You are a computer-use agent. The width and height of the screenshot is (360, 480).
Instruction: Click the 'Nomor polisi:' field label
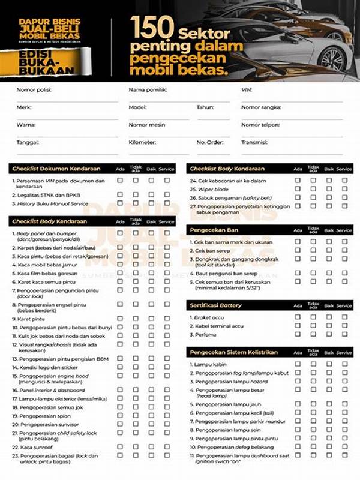(x=34, y=90)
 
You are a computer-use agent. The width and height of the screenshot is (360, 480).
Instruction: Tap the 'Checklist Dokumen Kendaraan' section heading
(x=56, y=169)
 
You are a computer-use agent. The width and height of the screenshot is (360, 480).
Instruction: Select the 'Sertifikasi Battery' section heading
(x=216, y=305)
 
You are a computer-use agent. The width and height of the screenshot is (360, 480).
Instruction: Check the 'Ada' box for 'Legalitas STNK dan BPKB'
(x=120, y=194)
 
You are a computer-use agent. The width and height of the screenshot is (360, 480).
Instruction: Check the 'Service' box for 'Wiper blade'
(x=344, y=188)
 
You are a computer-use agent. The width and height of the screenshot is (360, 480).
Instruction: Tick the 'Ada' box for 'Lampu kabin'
(x=298, y=364)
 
